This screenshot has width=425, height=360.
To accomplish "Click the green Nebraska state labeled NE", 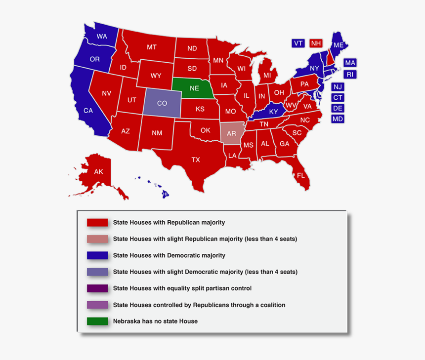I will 194,88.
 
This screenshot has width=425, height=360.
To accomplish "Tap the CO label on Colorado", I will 162,103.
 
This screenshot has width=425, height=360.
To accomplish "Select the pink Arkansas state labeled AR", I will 231,133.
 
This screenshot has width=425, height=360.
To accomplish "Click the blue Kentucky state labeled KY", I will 273,112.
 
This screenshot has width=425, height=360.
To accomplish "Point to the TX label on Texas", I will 196,160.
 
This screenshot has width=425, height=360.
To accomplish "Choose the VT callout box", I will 298,43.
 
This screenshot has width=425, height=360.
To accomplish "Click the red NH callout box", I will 315,43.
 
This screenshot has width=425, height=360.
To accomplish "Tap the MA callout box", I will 350,63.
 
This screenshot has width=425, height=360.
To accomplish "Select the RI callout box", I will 350,75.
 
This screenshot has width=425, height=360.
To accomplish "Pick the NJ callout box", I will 338,86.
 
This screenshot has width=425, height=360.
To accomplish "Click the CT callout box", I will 338,97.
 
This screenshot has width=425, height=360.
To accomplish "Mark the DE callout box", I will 338,108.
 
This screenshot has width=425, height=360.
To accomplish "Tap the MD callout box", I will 338,119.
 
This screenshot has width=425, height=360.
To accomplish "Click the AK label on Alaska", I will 98,172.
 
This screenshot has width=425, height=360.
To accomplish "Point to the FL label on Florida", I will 301,175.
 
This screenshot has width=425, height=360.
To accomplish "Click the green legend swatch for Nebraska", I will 97,321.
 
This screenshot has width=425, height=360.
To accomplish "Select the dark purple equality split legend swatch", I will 97,288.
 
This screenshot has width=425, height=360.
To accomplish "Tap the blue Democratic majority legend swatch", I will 97,255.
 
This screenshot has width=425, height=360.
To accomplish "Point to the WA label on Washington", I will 102,36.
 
